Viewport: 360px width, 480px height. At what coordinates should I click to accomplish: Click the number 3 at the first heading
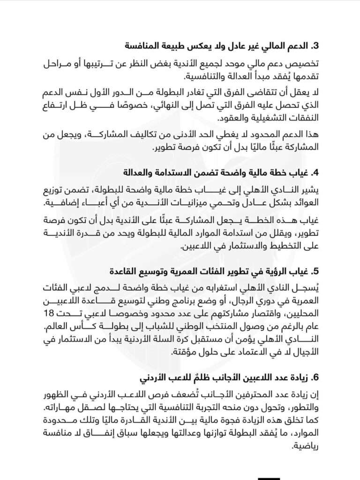(x=316, y=46)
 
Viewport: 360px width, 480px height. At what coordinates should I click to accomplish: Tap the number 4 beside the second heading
(x=316, y=172)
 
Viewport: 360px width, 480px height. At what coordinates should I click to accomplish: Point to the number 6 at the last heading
(x=316, y=378)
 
